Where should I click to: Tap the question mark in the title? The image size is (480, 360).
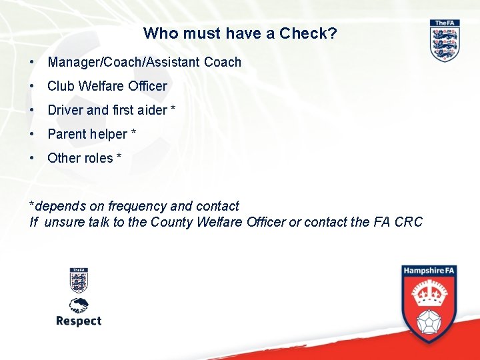(333, 33)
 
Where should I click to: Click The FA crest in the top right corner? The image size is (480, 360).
(445, 41)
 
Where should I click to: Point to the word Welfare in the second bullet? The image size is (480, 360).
(101, 86)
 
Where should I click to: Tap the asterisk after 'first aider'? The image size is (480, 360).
(173, 109)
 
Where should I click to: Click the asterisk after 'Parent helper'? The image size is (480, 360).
(133, 133)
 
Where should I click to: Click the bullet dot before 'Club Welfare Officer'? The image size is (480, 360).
(32, 86)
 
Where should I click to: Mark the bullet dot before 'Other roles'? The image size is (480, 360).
(32, 158)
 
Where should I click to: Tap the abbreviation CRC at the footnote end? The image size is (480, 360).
(408, 222)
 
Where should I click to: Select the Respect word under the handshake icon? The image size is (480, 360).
(79, 321)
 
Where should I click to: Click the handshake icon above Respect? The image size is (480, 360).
(79, 305)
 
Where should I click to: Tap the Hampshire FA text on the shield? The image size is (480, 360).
(429, 272)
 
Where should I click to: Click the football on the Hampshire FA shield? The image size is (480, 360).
(429, 321)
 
